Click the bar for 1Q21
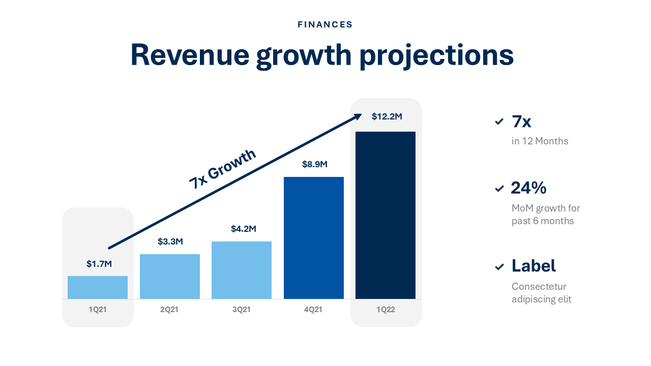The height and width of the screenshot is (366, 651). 98,287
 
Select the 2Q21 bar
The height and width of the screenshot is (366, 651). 170,277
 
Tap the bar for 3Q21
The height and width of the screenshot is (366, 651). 242,270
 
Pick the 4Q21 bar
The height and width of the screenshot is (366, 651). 314,238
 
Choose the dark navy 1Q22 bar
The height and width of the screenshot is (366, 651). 386,215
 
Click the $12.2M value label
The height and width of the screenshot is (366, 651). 387,116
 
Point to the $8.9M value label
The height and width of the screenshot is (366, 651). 314,164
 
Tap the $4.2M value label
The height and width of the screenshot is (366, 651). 243,229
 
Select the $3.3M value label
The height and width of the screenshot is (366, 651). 170,241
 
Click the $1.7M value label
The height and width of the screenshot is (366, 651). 99,264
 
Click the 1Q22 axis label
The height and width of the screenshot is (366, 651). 386,310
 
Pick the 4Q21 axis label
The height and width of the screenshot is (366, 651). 313,310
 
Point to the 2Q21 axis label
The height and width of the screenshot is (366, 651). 169,310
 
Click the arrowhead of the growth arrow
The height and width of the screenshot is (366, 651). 358,116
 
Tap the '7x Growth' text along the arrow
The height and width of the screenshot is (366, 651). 222,169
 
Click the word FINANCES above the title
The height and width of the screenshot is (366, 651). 325,24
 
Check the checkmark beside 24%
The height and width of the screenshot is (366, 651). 499,189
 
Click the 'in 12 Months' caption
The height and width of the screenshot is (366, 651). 540,141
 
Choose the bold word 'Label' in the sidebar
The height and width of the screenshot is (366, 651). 534,265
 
